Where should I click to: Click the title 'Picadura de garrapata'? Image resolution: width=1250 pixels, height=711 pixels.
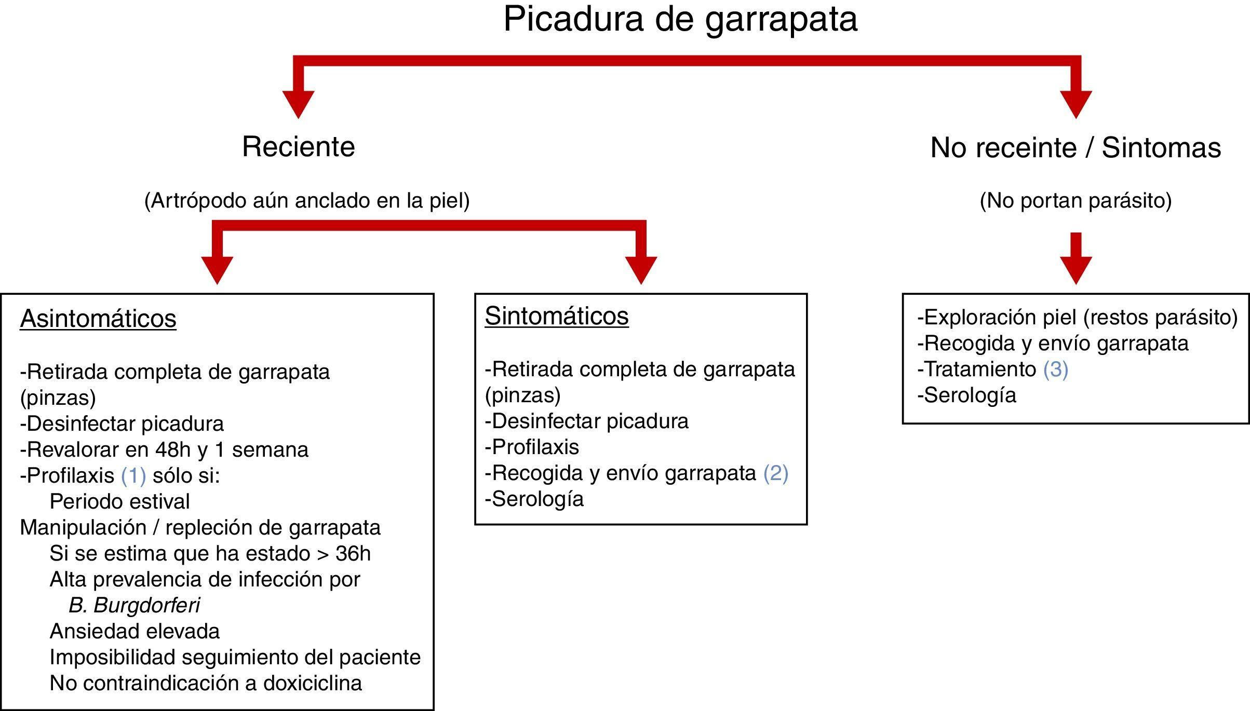tap(680, 20)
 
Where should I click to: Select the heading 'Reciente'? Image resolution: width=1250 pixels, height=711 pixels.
tap(298, 147)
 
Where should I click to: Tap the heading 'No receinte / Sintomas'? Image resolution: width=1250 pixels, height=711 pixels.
tap(1075, 148)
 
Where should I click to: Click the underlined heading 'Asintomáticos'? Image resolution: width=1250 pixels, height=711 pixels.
tap(98, 319)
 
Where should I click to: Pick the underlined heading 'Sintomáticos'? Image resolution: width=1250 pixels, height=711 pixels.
tap(557, 316)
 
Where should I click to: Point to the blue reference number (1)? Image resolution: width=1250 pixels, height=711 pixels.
tap(133, 475)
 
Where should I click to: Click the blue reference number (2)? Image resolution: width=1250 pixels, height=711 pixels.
tap(776, 473)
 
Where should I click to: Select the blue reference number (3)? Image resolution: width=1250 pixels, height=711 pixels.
tap(1056, 370)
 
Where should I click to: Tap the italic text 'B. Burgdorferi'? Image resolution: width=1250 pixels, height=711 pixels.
tap(134, 605)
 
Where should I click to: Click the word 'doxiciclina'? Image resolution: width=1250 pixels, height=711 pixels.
tap(313, 683)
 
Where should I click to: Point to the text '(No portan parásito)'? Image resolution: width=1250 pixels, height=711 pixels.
tap(1076, 201)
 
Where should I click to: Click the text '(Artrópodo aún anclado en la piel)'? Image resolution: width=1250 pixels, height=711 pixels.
tap(306, 201)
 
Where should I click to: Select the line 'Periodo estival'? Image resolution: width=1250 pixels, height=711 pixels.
tap(119, 501)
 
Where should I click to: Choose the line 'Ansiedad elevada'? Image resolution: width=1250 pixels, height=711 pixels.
tap(135, 631)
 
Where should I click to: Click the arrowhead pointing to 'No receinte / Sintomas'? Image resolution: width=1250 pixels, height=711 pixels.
tap(1076, 104)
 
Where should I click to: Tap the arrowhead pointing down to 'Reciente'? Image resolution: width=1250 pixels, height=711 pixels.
tap(298, 104)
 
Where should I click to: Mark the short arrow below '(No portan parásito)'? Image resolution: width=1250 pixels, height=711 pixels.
tap(1076, 259)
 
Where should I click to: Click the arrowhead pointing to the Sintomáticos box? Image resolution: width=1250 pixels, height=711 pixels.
tap(641, 270)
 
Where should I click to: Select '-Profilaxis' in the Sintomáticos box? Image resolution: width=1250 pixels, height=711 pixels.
tap(532, 447)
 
